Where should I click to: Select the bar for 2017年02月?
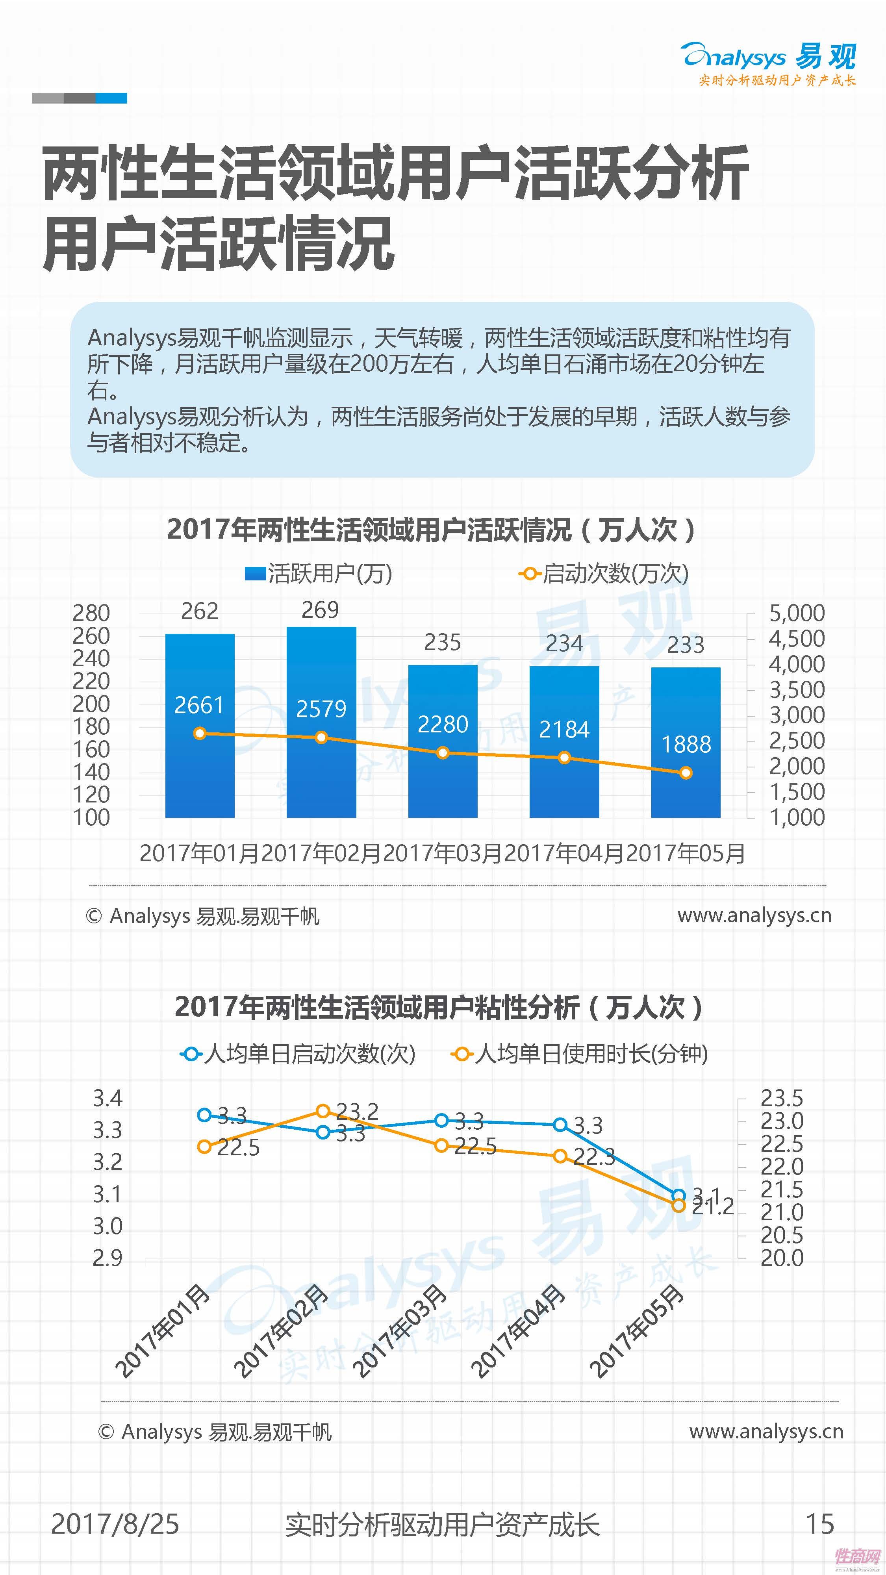click(321, 721)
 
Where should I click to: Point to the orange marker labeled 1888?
click(686, 773)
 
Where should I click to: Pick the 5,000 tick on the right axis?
click(796, 613)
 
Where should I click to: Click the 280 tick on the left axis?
click(91, 613)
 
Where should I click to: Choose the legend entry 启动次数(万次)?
click(604, 574)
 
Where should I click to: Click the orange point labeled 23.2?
click(323, 1110)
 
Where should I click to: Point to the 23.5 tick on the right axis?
click(781, 1099)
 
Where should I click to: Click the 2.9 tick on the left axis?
click(108, 1258)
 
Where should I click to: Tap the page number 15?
click(819, 1524)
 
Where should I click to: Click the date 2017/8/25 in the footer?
click(115, 1524)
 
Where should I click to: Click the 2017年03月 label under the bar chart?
click(442, 853)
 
